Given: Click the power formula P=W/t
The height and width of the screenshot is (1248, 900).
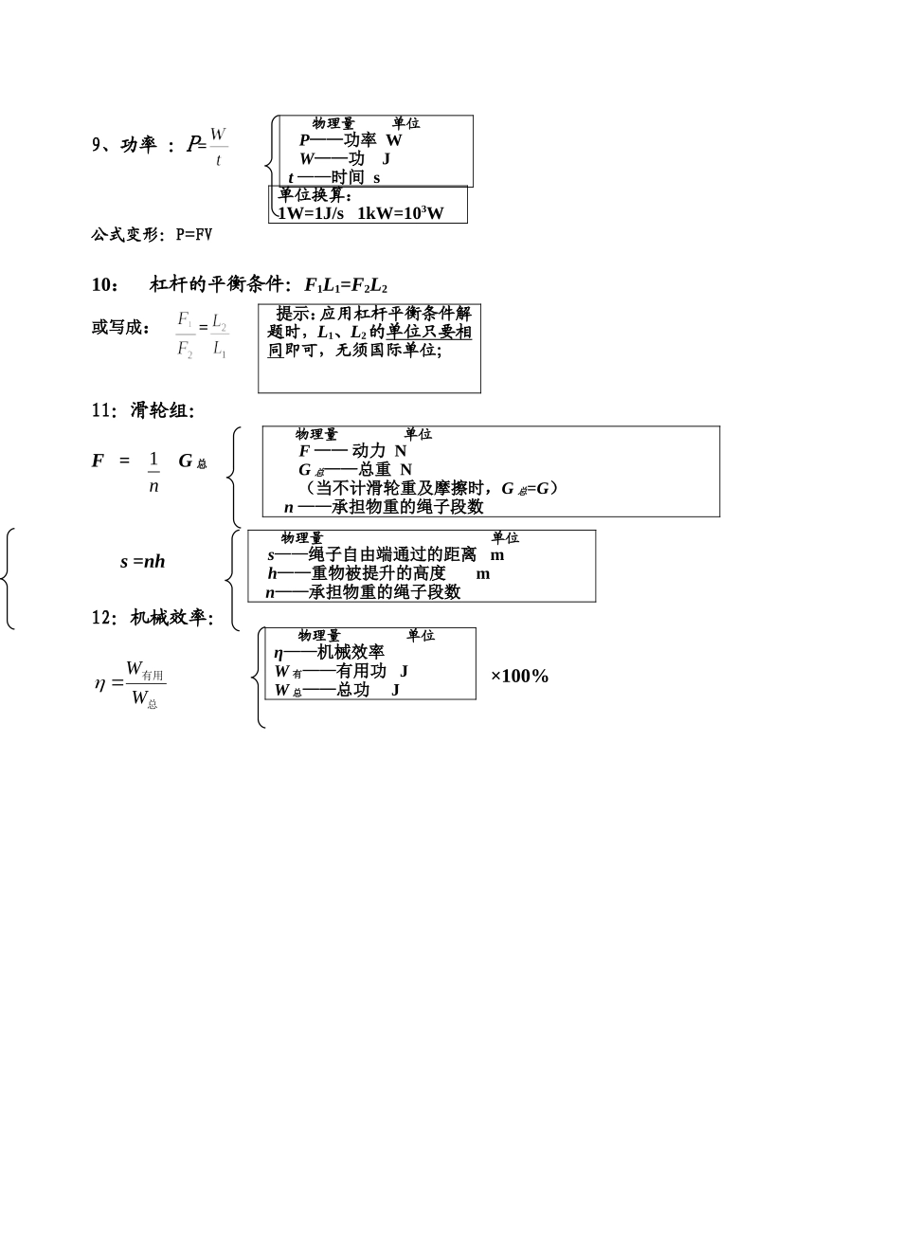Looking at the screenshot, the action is click(207, 146).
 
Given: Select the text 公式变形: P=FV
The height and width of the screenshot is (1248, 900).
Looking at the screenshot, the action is click(152, 234).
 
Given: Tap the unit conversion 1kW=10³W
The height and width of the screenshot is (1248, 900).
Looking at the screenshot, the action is click(401, 213).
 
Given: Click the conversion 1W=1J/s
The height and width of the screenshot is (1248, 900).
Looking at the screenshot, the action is click(313, 213).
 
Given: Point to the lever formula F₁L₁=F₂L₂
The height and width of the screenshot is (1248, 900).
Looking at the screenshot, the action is click(346, 285).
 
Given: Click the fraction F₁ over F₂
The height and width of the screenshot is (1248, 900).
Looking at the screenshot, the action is click(185, 335).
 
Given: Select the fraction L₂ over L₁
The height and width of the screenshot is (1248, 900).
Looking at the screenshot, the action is click(219, 335).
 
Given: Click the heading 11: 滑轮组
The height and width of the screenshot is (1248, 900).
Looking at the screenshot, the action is click(143, 410).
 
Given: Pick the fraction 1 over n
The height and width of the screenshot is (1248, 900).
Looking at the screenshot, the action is click(153, 472).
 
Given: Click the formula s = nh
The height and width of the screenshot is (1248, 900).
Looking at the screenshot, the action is click(143, 561).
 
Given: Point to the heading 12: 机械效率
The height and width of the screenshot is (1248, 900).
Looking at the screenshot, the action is click(153, 618).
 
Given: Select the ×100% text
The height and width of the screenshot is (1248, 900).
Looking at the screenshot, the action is click(519, 676).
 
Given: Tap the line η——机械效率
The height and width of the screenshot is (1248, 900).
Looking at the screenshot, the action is click(329, 652).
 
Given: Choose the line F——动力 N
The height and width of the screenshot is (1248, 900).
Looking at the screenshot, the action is click(351, 451).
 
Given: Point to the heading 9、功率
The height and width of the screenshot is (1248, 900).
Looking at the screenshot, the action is click(124, 145).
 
